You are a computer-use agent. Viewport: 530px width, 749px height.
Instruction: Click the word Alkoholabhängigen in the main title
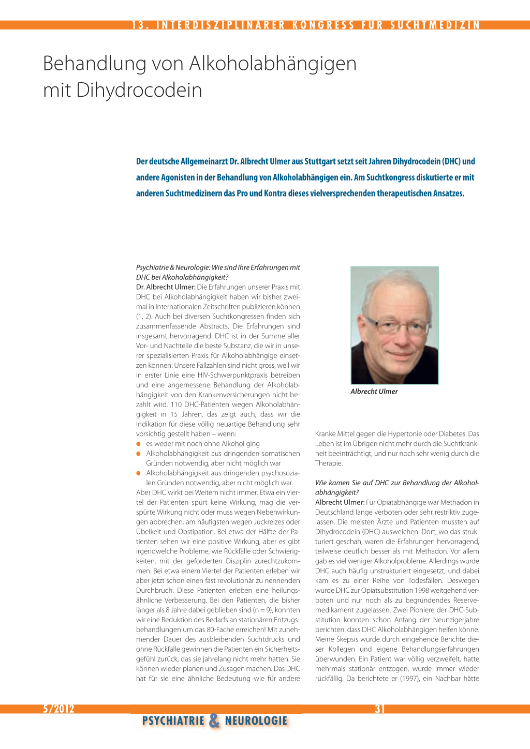(273, 64)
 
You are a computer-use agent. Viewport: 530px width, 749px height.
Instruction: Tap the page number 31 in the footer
(380, 709)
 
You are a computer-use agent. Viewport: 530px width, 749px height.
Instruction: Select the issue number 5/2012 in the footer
(58, 709)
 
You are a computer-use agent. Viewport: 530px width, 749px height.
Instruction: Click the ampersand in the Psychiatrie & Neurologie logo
(214, 721)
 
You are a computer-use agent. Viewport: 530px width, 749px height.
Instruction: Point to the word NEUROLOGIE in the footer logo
(256, 721)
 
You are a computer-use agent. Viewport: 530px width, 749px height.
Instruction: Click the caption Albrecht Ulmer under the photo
(374, 392)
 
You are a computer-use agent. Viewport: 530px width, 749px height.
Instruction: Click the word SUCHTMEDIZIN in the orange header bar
(435, 25)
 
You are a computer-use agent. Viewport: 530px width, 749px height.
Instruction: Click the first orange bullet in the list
(139, 444)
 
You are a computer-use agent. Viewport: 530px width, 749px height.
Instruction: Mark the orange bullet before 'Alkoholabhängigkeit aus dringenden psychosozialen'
(139, 473)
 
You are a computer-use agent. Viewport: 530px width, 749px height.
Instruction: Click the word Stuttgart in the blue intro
(320, 161)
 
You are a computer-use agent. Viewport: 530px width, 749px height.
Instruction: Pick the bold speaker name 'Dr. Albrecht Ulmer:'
(166, 287)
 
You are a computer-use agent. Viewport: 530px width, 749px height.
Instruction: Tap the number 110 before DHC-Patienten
(176, 405)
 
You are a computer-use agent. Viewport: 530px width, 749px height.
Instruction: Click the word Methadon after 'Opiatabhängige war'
(456, 502)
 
